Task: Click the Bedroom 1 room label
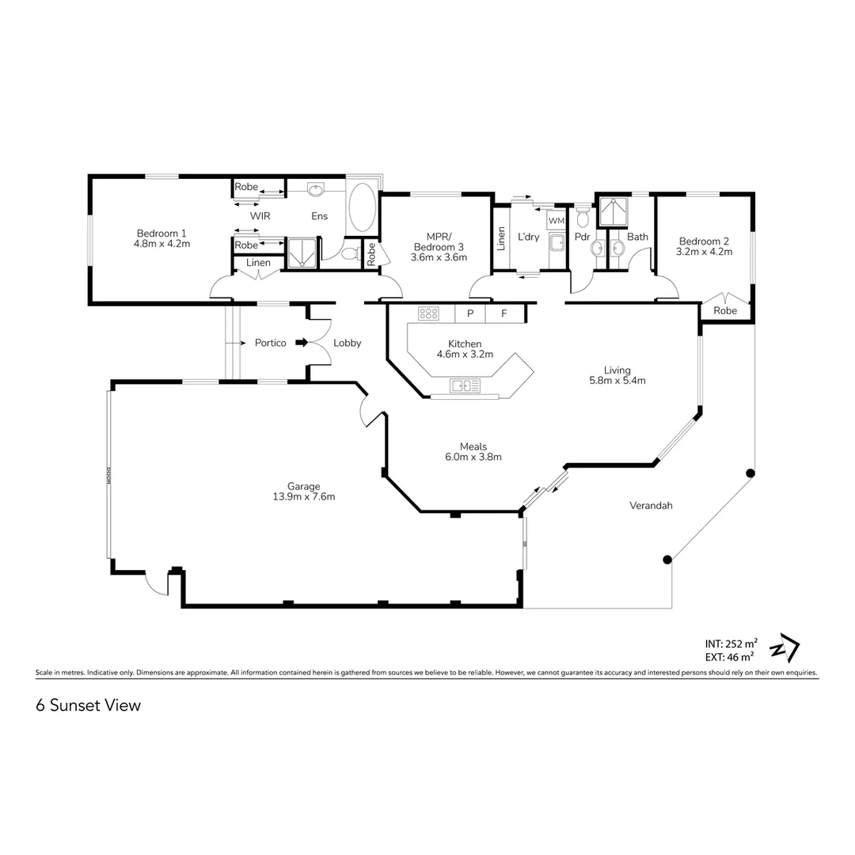point(161,234)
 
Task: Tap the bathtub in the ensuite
point(361,207)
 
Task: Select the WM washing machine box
point(557,220)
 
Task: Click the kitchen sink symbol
point(465,386)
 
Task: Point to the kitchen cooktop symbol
point(428,313)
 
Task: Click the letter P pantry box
point(470,313)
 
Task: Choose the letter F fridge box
point(503,313)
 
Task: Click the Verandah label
point(651,505)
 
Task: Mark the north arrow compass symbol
point(785,648)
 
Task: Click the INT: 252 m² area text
point(731,644)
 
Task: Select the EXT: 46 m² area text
point(730,657)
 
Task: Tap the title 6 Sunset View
point(89,705)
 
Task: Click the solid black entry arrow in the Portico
point(302,343)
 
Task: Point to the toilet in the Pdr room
point(583,216)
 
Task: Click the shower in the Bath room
point(613,211)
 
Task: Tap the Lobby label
point(348,343)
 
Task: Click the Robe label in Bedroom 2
point(725,311)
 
